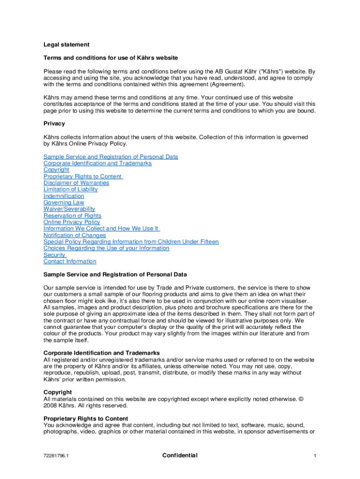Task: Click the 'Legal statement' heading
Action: coord(66,45)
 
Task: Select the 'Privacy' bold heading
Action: coord(54,124)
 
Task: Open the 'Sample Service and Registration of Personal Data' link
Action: coord(110,157)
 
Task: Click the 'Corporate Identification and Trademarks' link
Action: coord(97,163)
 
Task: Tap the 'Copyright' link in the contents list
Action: coord(56,170)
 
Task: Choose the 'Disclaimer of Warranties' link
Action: coord(76,183)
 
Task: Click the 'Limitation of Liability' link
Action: coord(71,189)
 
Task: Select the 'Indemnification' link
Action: coord(64,196)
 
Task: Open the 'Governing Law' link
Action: coord(64,203)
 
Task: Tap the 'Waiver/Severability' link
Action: coord(69,209)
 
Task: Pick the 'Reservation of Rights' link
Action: coord(72,216)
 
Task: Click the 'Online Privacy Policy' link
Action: coord(72,222)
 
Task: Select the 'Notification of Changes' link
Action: coord(74,235)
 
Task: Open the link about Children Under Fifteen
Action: coord(131,242)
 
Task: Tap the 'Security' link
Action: coord(54,255)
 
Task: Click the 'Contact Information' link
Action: coord(70,261)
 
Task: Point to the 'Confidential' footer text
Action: coord(180,456)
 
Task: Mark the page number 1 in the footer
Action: coord(316,456)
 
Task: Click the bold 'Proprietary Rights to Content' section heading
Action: coord(86,419)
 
